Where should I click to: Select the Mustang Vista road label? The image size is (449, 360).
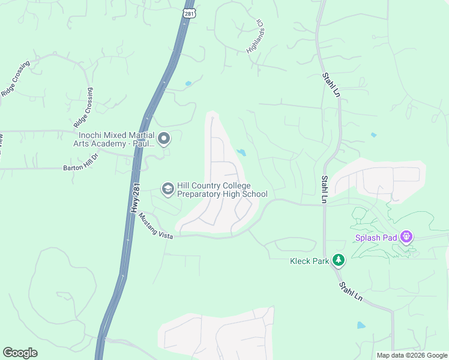click(x=155, y=227)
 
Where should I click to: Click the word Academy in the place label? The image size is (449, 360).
click(x=112, y=144)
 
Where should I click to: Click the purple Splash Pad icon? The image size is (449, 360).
click(x=407, y=237)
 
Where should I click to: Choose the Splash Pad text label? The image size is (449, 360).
click(x=376, y=238)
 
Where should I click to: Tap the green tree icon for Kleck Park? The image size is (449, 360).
click(x=339, y=260)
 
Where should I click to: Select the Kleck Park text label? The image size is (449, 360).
click(x=310, y=261)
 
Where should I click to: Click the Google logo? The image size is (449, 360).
click(x=20, y=353)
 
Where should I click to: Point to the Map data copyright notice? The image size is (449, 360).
click(x=411, y=355)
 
